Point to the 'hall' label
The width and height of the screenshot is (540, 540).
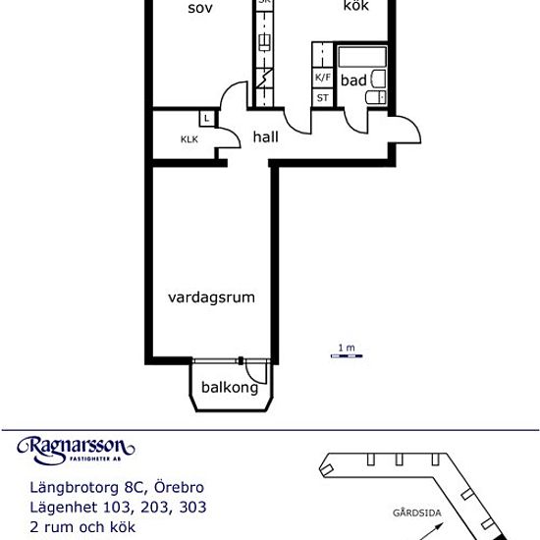click(x=265, y=137)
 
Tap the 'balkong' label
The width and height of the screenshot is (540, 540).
click(x=230, y=388)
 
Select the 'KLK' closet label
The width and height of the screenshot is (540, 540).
click(x=189, y=139)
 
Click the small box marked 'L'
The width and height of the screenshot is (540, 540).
click(x=207, y=119)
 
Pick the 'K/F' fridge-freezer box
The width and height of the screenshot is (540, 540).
click(x=322, y=78)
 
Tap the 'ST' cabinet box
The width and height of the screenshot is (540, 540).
click(x=322, y=97)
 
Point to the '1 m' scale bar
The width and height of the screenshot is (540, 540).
click(x=345, y=354)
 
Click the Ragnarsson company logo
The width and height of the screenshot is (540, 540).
click(x=76, y=449)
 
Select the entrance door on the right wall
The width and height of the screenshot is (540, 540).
click(x=406, y=131)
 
